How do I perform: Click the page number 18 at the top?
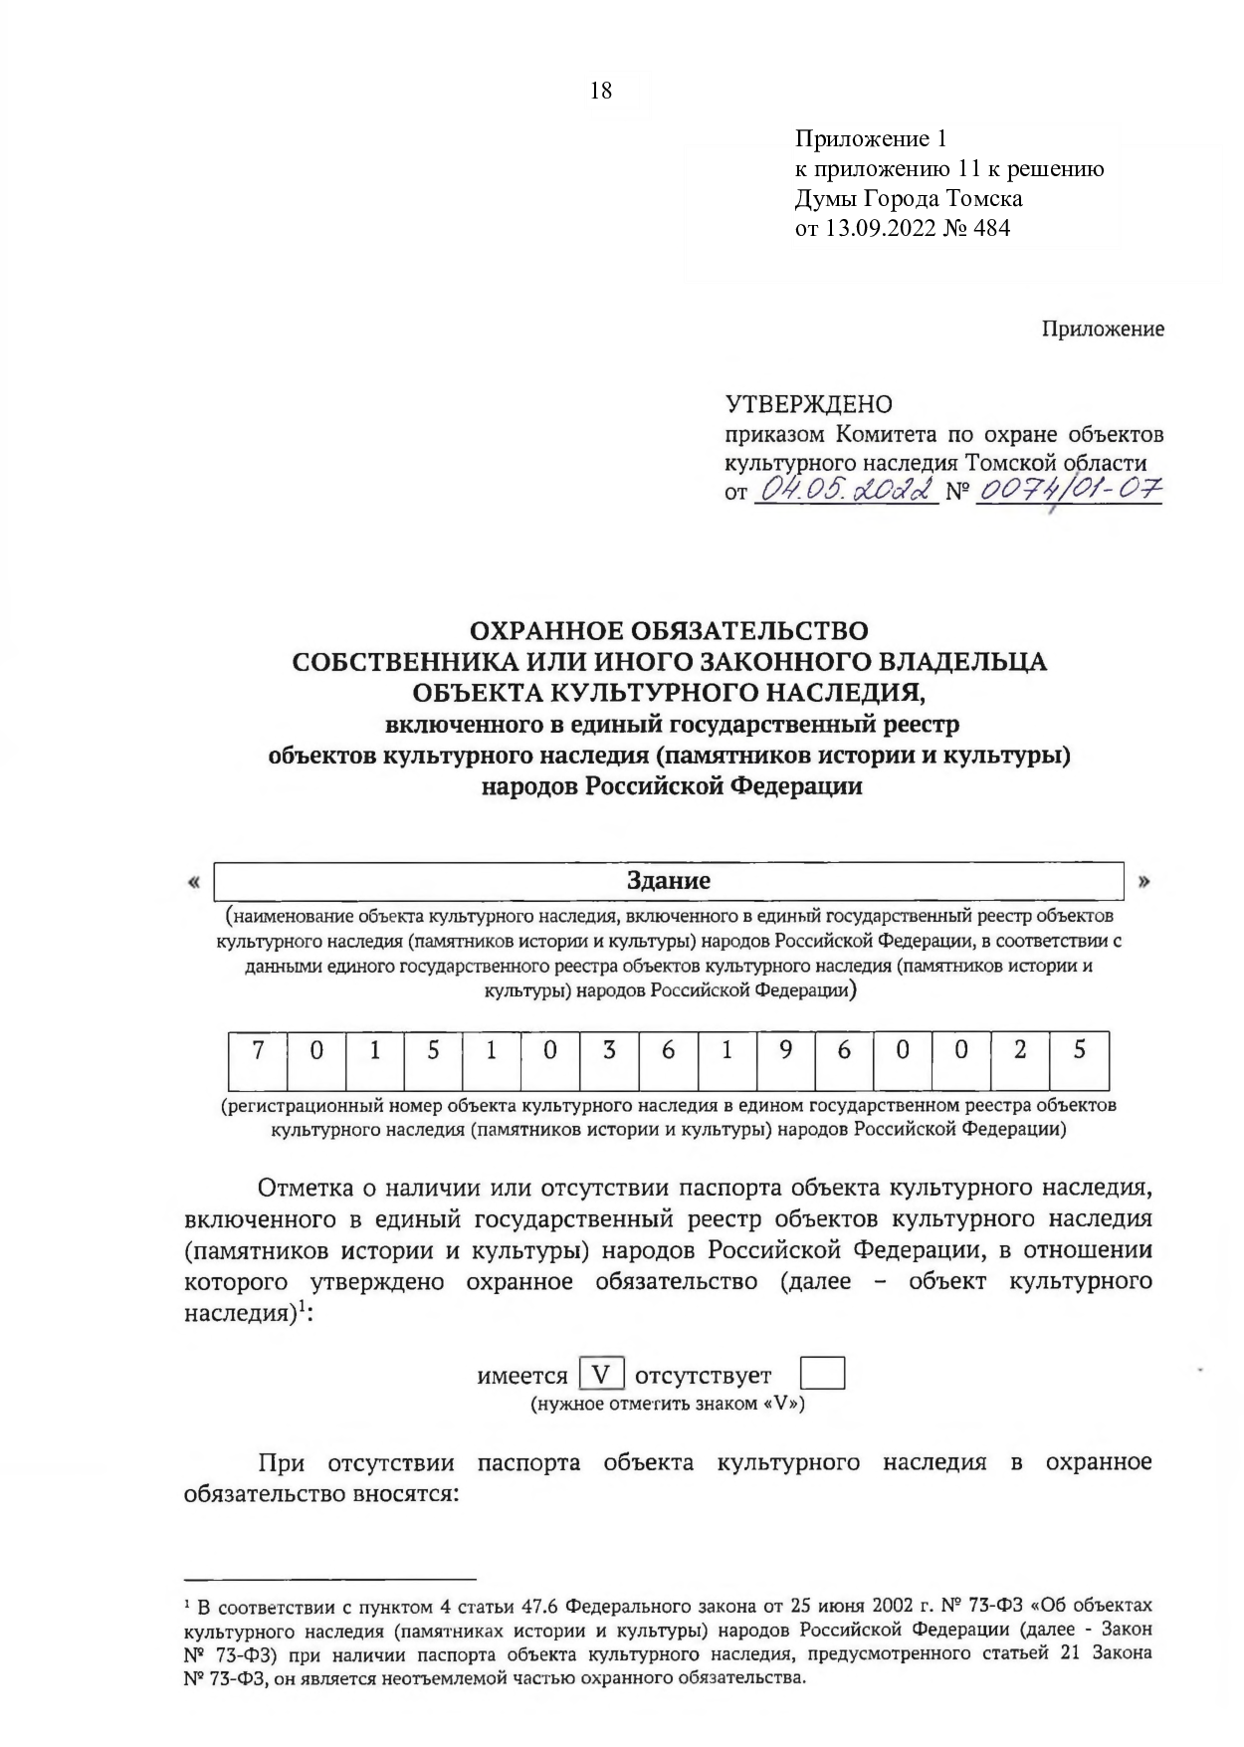[601, 92]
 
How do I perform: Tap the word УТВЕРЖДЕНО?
[809, 404]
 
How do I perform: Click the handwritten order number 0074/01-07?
[1070, 490]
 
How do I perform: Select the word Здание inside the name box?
[668, 881]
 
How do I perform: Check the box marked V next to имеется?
[602, 1375]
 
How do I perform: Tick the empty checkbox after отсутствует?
[822, 1375]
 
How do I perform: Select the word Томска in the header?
[982, 198]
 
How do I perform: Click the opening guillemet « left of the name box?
[193, 882]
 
